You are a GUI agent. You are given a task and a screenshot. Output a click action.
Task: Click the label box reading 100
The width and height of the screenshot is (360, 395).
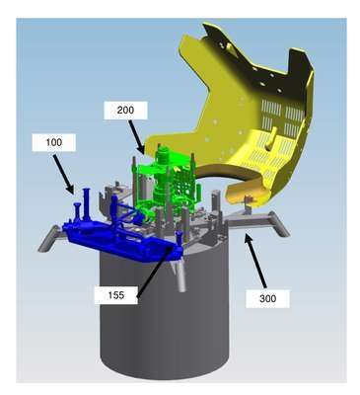(53, 142)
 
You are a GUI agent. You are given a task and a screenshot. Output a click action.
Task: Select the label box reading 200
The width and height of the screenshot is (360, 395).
(125, 110)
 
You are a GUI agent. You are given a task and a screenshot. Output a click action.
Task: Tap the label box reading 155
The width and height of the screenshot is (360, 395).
(116, 295)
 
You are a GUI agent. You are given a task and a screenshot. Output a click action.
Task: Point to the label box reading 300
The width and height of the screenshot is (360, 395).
(268, 298)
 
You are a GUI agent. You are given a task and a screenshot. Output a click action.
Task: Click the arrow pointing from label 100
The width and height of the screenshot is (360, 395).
(63, 174)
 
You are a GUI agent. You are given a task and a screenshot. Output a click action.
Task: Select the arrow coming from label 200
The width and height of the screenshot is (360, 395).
(136, 137)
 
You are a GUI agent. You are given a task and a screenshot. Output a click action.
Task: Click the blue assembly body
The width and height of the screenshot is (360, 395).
(121, 235)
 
